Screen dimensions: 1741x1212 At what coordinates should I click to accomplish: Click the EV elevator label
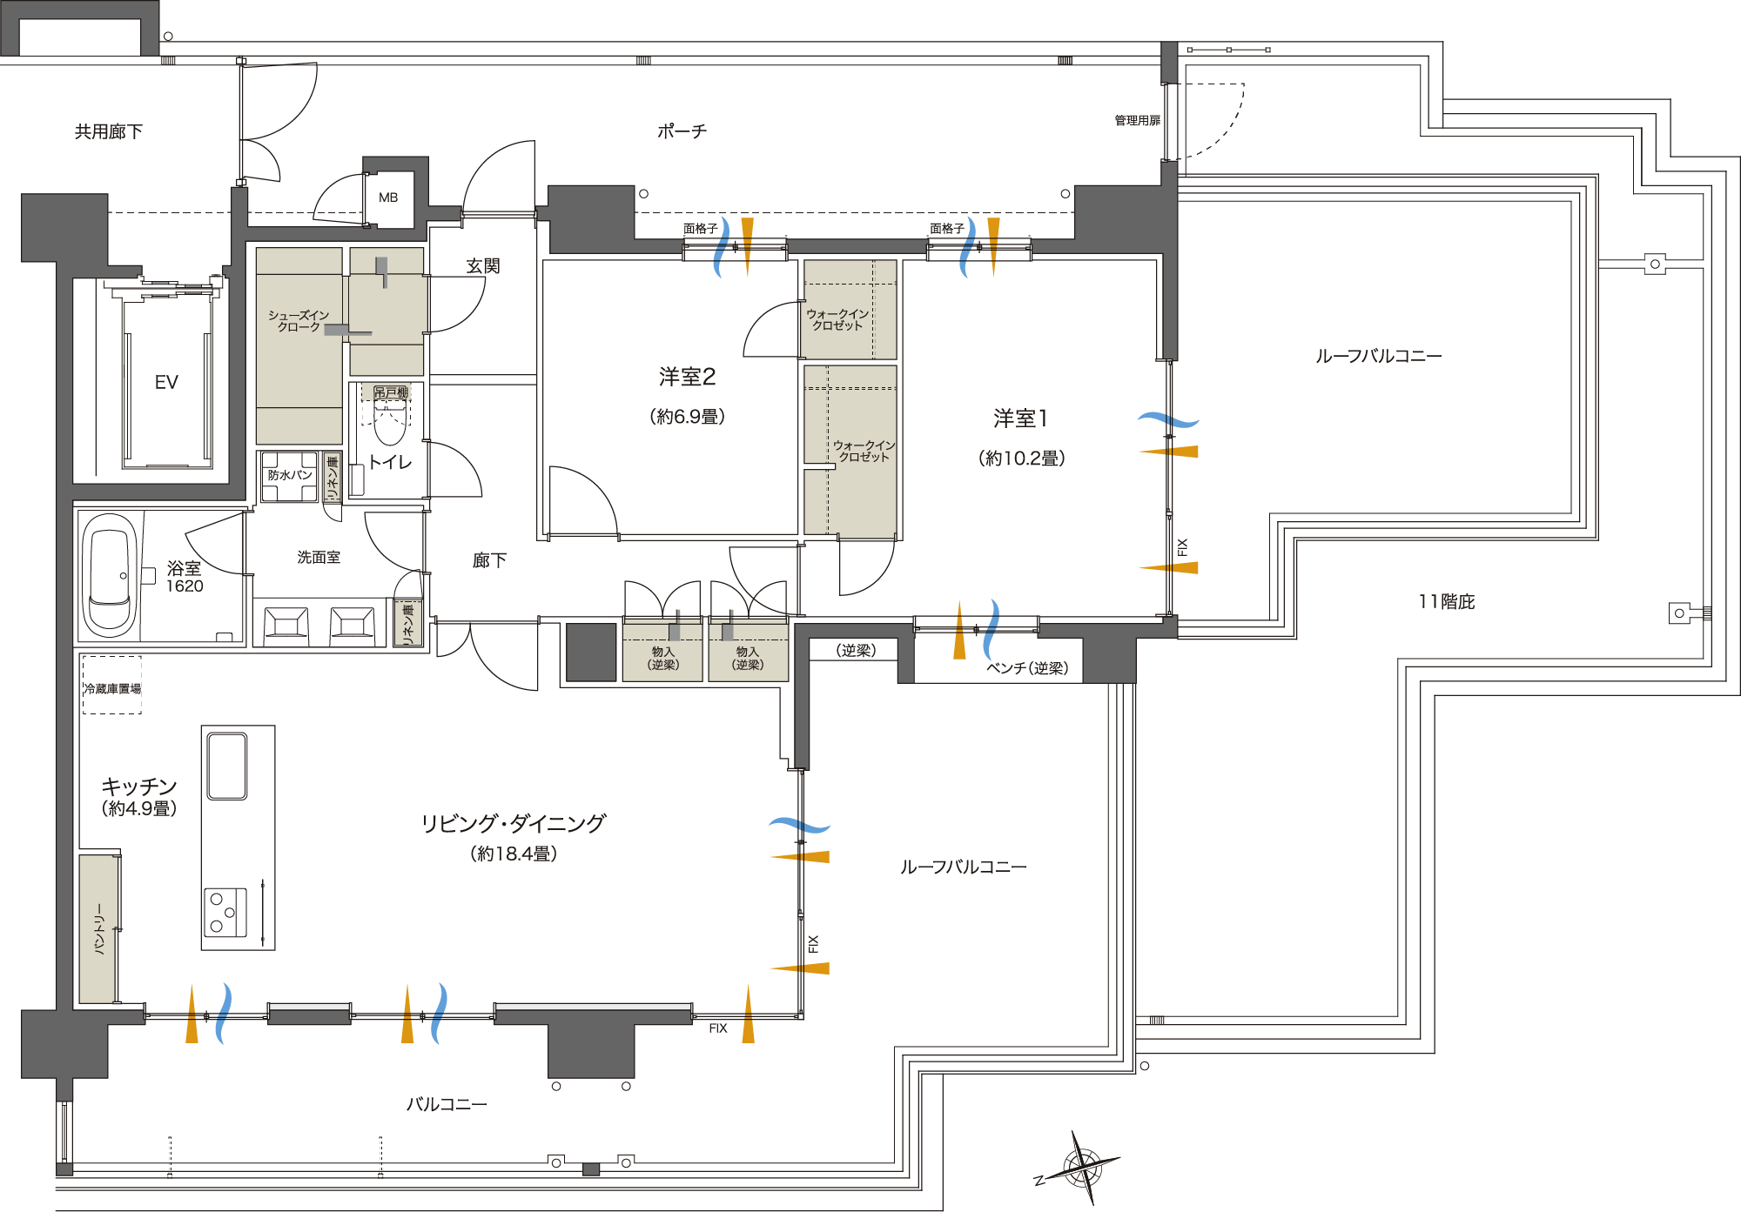tap(166, 382)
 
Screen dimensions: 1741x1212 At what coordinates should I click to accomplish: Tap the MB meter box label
tap(388, 198)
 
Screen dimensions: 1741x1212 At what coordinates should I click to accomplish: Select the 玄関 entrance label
tap(483, 266)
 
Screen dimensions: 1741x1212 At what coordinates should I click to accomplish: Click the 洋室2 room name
tap(687, 377)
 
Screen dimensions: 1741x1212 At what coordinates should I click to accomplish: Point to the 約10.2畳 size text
tap(1022, 459)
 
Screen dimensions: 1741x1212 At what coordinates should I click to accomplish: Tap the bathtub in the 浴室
tap(111, 574)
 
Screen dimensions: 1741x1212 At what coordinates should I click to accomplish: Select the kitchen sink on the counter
tap(227, 766)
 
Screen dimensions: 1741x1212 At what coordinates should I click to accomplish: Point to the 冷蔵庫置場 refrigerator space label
tap(112, 689)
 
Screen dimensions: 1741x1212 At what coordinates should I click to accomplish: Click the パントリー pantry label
tap(99, 929)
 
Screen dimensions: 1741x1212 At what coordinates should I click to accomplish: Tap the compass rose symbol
tap(1080, 1167)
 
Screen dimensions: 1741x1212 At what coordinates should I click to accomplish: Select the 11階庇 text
tap(1447, 602)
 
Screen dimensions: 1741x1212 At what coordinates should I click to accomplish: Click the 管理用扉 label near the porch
tap(1137, 121)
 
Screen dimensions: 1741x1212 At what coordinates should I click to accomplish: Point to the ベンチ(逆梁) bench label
tap(1027, 668)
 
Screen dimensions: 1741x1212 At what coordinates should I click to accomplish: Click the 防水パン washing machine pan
tap(289, 476)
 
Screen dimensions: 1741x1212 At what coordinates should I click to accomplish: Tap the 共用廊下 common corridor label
tap(109, 131)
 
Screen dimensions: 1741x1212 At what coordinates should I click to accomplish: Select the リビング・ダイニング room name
tap(514, 823)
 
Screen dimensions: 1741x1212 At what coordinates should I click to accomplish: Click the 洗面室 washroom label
tap(319, 557)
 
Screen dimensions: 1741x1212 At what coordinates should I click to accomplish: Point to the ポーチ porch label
tap(682, 131)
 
